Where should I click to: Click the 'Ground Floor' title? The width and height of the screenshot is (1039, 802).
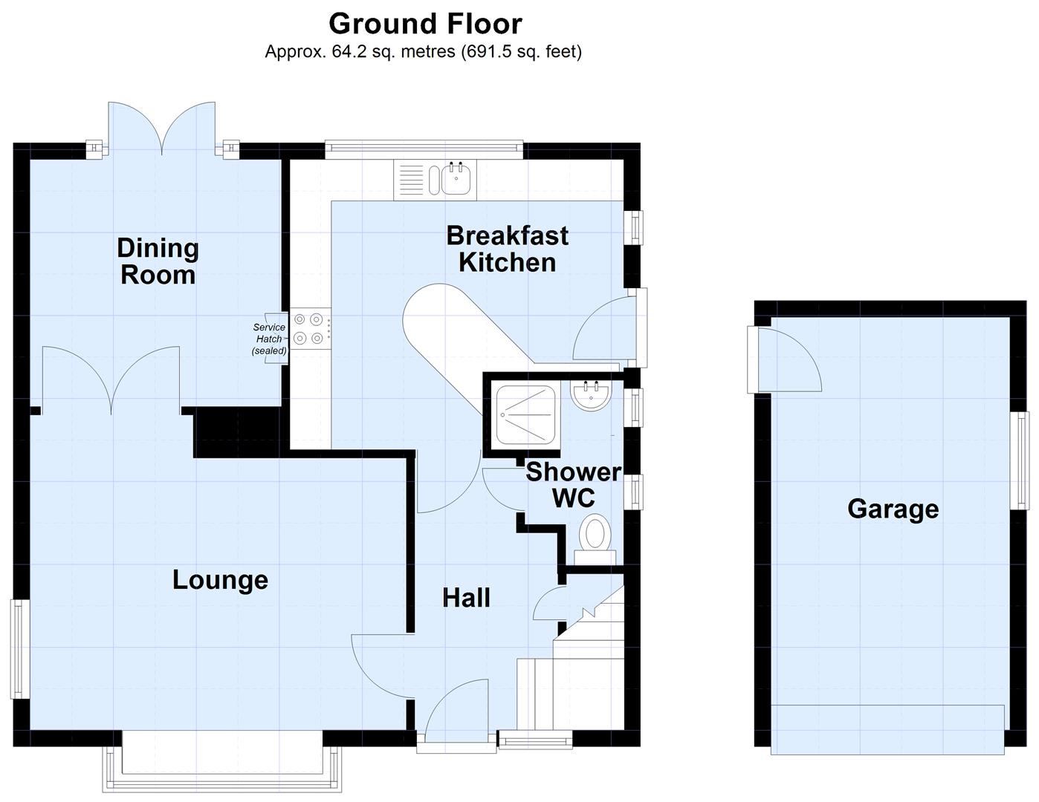coord(425,24)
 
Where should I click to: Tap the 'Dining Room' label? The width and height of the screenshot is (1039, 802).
coord(158,261)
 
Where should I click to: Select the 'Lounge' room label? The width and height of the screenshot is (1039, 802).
coord(220,580)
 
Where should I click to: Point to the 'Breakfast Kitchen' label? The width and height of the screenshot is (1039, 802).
coord(507,249)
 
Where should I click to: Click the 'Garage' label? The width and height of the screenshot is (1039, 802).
coord(893,509)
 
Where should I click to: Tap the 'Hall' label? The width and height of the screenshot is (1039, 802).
coord(466,598)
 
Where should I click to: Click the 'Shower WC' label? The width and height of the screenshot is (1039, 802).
coord(573,485)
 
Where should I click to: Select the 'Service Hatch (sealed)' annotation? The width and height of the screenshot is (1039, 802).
coord(269,339)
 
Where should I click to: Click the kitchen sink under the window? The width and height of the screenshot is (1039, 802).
coord(454,178)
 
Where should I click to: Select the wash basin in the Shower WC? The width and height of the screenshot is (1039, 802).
coord(592,394)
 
